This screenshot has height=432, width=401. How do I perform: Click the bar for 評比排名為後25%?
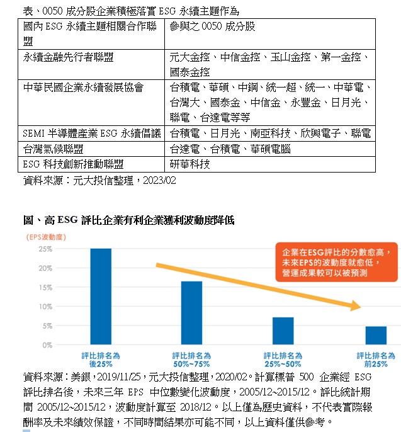click(x=101, y=297)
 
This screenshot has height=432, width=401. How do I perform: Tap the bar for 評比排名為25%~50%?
click(x=283, y=331)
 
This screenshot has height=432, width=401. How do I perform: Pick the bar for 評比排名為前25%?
click(x=376, y=336)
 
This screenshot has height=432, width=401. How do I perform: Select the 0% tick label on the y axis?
click(x=47, y=345)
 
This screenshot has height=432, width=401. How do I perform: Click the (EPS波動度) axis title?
click(x=46, y=237)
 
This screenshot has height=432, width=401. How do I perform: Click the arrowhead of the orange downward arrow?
click(x=357, y=307)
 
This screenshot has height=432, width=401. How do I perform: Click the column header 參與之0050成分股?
click(x=212, y=26)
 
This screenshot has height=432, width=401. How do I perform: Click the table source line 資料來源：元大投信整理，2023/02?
click(x=99, y=181)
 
